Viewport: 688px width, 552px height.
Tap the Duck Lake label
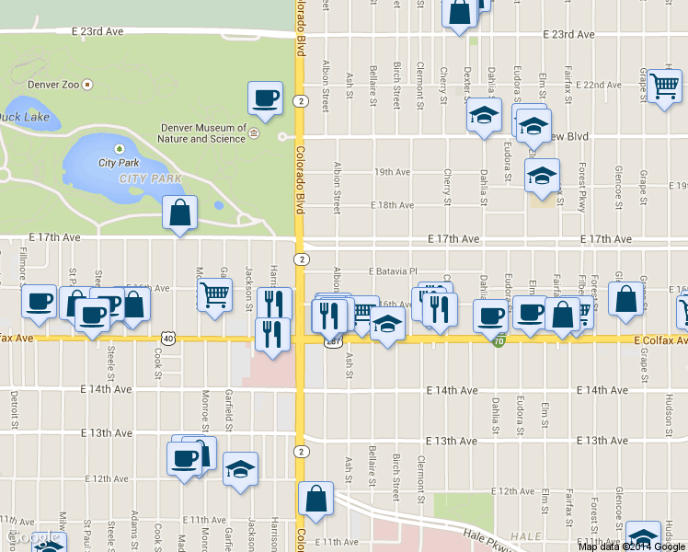point(24,117)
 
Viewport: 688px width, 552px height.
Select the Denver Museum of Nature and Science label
point(203,133)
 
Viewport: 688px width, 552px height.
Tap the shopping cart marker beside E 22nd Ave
point(663,86)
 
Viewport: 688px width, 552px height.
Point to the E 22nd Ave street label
point(602,85)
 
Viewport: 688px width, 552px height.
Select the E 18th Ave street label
point(392,205)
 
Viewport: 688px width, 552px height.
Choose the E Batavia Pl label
point(394,271)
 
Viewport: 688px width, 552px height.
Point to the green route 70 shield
point(499,341)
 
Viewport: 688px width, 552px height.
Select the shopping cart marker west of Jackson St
point(214,295)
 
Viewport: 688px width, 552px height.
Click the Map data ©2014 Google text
point(632,546)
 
